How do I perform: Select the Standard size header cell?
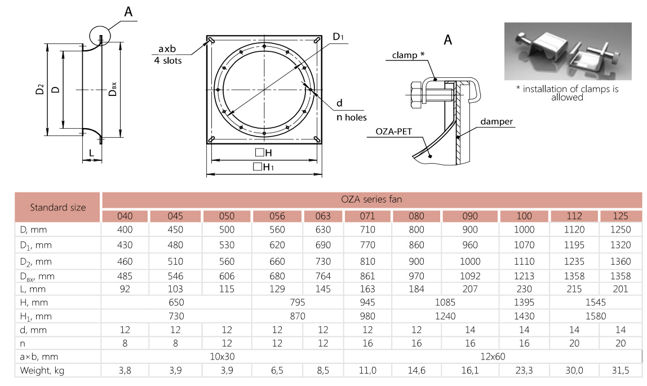(58, 207)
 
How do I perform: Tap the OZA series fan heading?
(371, 199)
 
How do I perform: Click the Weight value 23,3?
(525, 371)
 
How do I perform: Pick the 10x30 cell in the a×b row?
(222, 357)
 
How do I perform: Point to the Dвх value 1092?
(470, 276)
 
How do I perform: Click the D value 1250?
(621, 230)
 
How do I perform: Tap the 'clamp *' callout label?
(406, 55)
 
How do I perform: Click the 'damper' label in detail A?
(497, 122)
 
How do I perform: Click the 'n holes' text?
(352, 117)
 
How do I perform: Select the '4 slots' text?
(168, 60)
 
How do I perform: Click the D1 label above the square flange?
(338, 37)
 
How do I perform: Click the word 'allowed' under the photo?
(567, 97)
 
